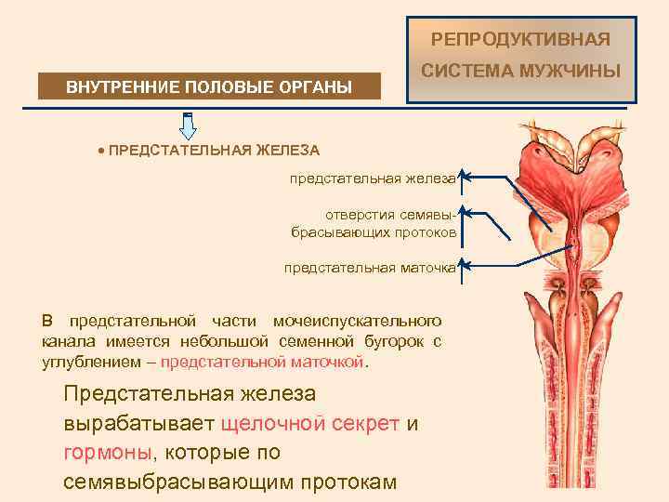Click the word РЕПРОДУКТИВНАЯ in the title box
tap(521, 39)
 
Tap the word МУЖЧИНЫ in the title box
tap(574, 71)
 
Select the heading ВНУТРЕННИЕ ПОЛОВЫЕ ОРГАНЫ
tap(209, 87)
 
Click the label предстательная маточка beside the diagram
tap(371, 268)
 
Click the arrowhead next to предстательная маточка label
tap(465, 266)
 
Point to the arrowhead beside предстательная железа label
tap(465, 175)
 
